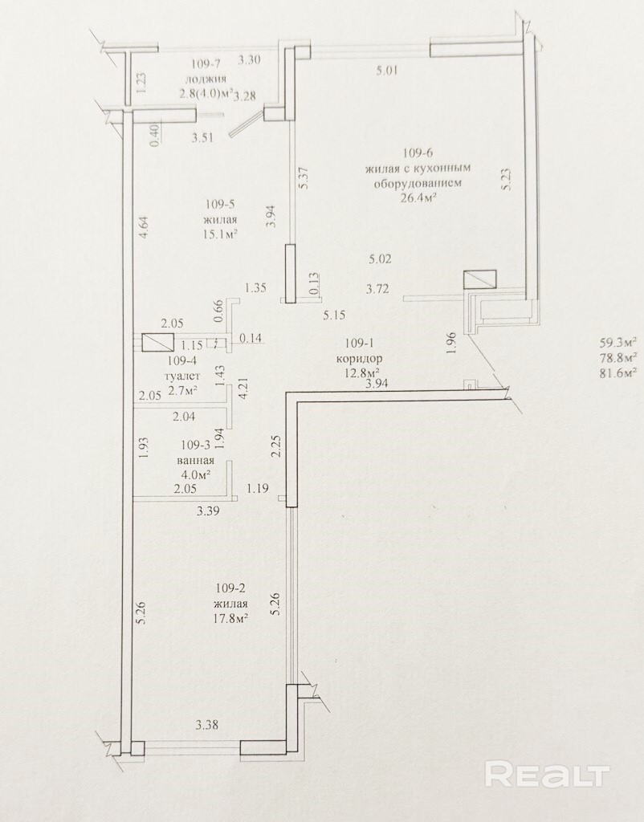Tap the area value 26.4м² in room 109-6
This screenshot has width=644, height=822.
(x=418, y=198)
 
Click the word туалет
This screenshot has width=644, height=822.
(x=182, y=376)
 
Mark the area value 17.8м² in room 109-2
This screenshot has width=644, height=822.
(x=230, y=619)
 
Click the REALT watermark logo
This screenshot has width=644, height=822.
(x=548, y=775)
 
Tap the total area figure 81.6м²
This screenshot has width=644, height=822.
(x=618, y=372)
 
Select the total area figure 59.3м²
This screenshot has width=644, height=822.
(x=618, y=343)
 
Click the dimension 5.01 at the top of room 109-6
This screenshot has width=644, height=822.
(x=387, y=70)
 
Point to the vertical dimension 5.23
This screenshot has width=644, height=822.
(x=507, y=179)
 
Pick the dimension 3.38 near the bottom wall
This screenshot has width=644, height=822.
(x=206, y=725)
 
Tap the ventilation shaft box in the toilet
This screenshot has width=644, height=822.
(x=158, y=343)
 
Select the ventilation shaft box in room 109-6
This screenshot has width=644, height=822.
(x=480, y=279)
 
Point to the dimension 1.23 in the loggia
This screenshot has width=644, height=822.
(x=141, y=83)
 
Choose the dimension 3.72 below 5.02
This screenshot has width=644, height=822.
(x=377, y=288)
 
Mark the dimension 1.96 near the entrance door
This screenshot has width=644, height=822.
(x=452, y=343)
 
